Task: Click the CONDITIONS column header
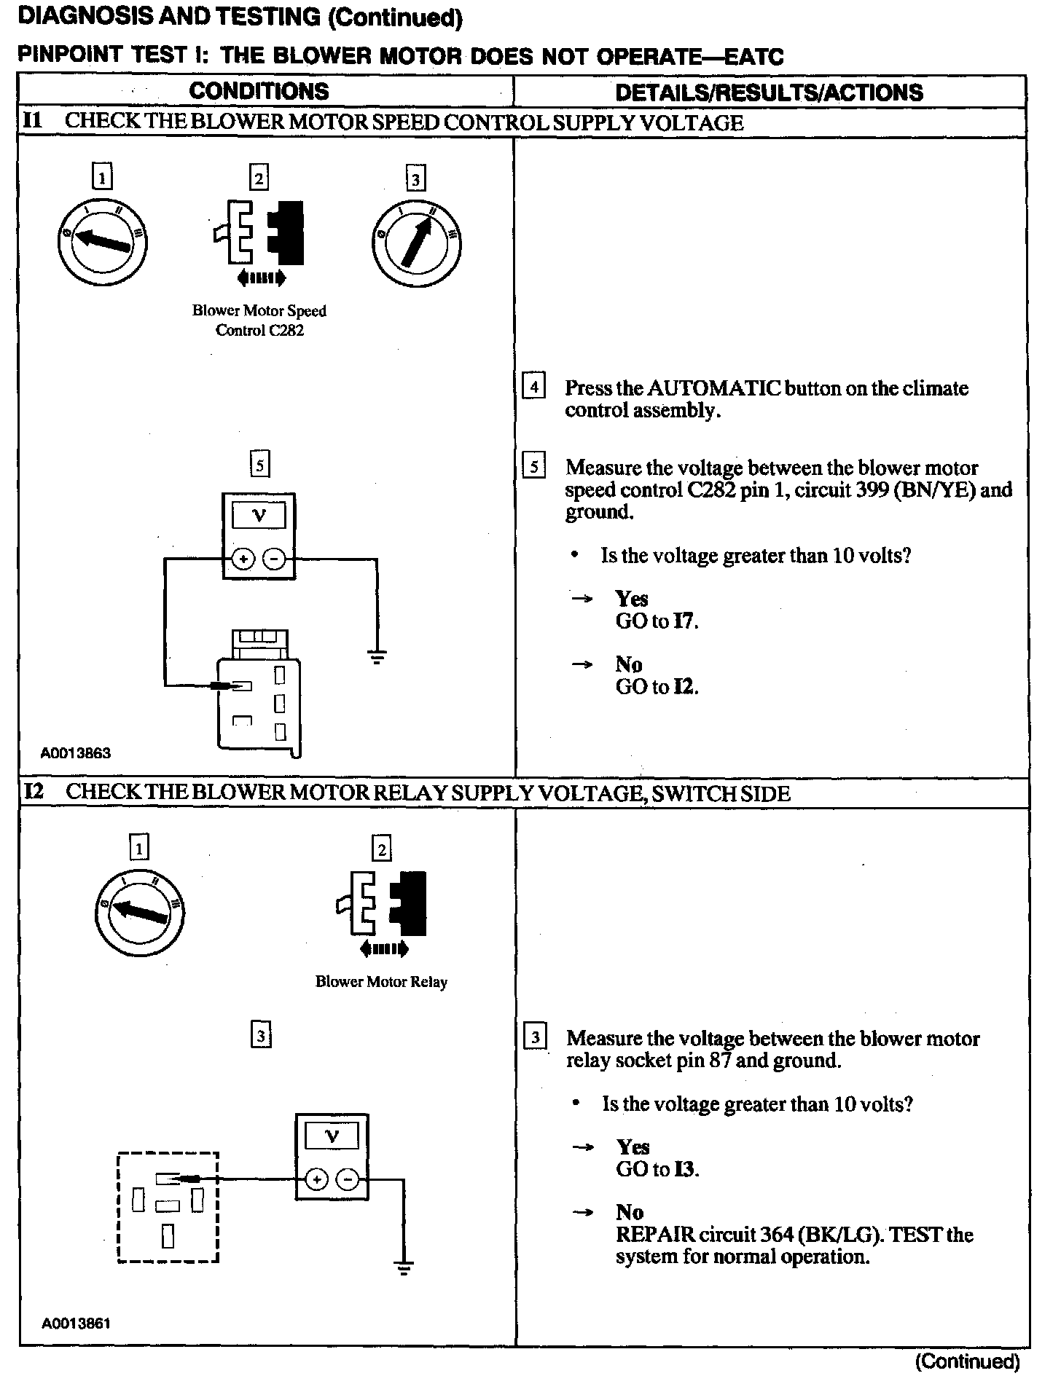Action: click(x=259, y=91)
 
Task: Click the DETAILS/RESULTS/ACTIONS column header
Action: click(x=769, y=93)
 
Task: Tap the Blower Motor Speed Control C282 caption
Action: click(x=259, y=321)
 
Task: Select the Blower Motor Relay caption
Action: click(x=381, y=982)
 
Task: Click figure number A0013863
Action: click(x=76, y=753)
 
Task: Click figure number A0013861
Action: click(x=76, y=1323)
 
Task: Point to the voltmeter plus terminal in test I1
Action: click(x=243, y=559)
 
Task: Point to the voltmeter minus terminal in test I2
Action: click(x=349, y=1179)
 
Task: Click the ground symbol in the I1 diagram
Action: click(x=377, y=658)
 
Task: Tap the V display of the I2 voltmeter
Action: click(x=332, y=1136)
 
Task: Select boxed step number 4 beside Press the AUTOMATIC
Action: click(x=534, y=386)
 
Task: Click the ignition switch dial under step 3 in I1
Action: click(x=415, y=243)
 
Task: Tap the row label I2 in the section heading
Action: click(x=34, y=793)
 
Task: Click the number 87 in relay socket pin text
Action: click(x=720, y=1061)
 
